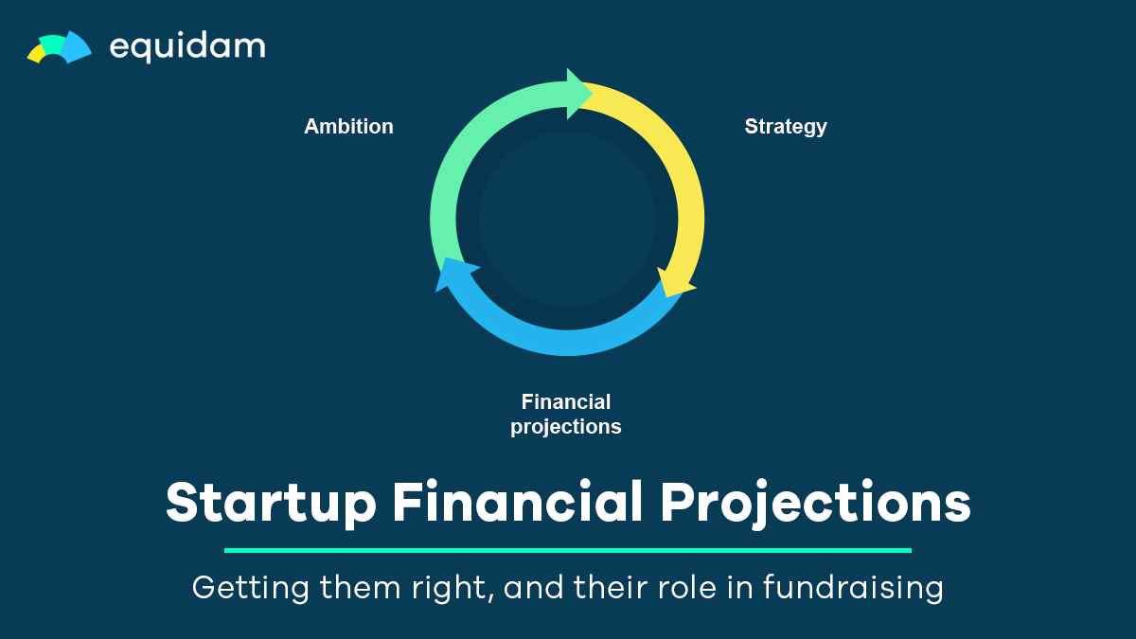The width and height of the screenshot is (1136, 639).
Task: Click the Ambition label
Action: [349, 126]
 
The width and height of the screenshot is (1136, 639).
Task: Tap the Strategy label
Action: [786, 127]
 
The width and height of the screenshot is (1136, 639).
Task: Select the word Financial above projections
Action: [566, 402]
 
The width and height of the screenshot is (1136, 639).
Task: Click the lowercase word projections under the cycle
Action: [566, 427]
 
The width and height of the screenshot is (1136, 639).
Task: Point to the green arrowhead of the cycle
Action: [578, 94]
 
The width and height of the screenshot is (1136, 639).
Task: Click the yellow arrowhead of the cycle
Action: [676, 283]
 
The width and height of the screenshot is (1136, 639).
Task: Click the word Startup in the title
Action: [271, 503]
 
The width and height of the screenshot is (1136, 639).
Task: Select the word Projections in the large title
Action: [815, 503]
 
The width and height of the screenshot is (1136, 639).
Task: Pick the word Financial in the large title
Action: [518, 501]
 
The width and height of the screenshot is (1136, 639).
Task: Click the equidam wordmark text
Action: [187, 47]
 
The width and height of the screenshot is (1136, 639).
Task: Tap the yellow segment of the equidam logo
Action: [38, 53]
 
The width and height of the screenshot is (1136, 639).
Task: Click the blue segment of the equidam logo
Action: [77, 47]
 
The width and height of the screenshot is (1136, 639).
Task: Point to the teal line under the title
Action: [568, 550]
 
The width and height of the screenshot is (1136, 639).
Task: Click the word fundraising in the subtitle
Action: [853, 588]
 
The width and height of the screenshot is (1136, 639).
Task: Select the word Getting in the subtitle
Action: [251, 588]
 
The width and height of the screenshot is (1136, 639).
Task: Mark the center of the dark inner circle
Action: [567, 219]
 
